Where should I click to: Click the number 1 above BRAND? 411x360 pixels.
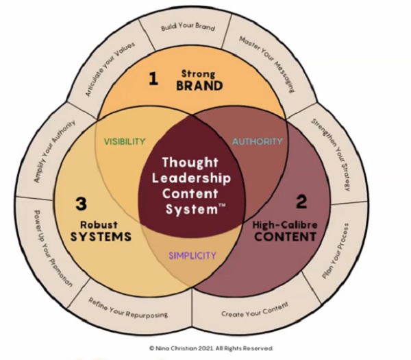[153, 79]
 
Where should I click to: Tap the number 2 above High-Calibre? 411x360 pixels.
[301, 202]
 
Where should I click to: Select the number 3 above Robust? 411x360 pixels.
[80, 204]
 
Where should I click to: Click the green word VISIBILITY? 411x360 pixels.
[125, 142]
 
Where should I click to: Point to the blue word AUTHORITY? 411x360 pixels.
[257, 141]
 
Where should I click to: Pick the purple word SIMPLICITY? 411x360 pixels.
[192, 256]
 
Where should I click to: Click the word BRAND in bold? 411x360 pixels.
[199, 86]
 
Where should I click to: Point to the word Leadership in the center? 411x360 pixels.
[192, 179]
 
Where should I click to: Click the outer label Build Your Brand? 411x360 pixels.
[188, 28]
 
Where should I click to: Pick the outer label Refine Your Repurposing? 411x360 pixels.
[128, 306]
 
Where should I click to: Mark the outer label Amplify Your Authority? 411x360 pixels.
[55, 151]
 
